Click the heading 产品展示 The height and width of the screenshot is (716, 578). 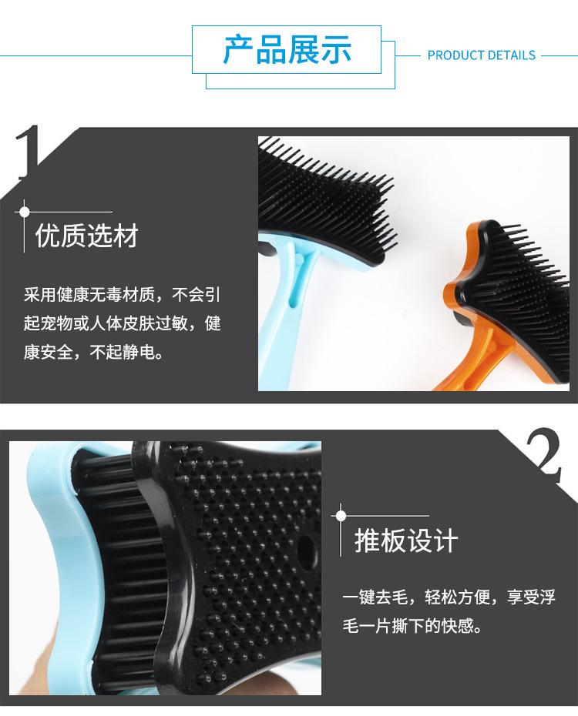coord(287,50)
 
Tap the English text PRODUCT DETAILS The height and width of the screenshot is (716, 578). coord(481,55)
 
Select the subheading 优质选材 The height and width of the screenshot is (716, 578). coord(87,236)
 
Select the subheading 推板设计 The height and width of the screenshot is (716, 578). coord(406,540)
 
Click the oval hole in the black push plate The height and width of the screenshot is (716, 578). coord(307,549)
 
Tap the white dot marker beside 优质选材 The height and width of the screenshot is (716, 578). coord(25,211)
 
